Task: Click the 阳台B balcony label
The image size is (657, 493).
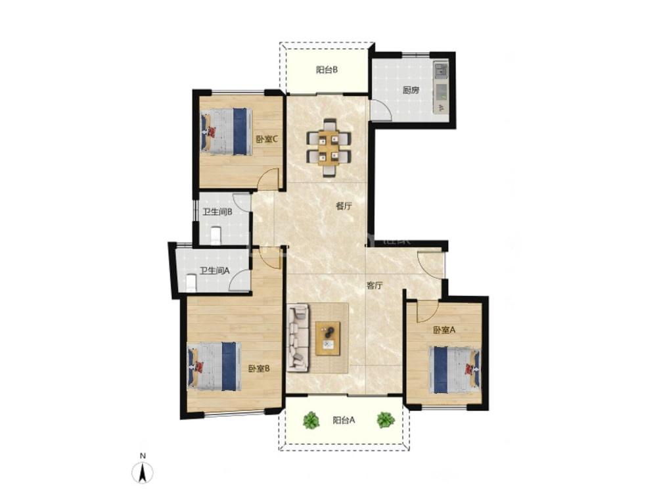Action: click(327, 70)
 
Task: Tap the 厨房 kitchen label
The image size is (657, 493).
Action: click(411, 90)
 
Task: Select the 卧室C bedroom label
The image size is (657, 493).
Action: click(267, 139)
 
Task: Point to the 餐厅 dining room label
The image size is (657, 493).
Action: click(344, 206)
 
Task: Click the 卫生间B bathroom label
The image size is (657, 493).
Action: click(217, 212)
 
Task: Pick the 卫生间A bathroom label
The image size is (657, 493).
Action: click(215, 271)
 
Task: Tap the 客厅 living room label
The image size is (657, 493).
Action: click(374, 286)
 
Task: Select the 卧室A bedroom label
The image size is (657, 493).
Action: click(444, 331)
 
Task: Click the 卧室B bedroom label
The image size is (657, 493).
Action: click(258, 369)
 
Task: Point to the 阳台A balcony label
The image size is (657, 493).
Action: click(344, 420)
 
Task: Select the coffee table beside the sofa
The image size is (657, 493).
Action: click(328, 339)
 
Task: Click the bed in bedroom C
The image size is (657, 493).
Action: click(226, 132)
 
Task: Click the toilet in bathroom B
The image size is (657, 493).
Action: click(215, 235)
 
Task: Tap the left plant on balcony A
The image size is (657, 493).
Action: click(311, 420)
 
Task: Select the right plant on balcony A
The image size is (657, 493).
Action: click(386, 420)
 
